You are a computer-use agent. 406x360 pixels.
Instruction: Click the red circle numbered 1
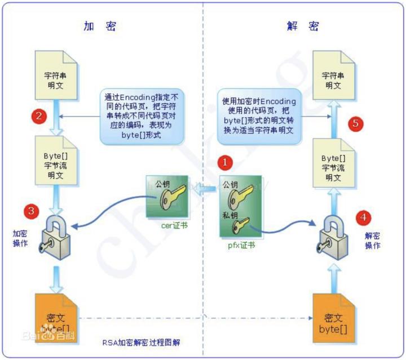point(225,162)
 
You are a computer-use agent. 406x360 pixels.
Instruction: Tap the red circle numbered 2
point(39,117)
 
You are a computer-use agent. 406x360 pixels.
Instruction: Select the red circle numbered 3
point(32,212)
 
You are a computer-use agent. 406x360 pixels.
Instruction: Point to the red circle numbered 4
point(363,216)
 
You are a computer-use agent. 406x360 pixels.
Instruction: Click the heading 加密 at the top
point(100,26)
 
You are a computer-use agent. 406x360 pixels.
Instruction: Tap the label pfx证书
point(236,246)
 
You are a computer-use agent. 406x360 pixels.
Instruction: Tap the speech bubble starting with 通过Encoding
point(143,108)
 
